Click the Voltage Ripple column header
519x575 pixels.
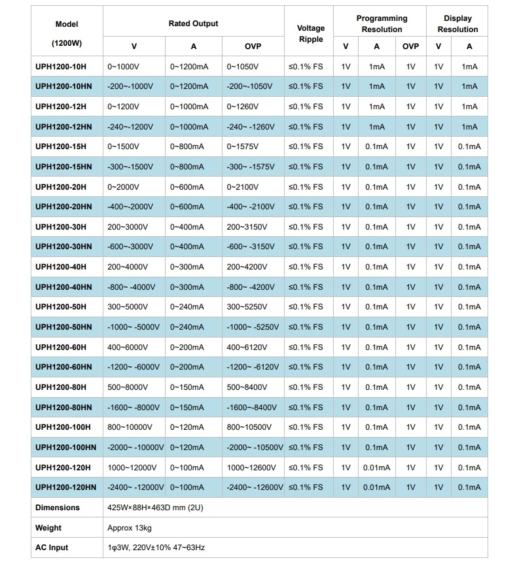(x=310, y=34)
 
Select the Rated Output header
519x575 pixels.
(x=193, y=24)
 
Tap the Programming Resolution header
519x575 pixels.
(x=382, y=24)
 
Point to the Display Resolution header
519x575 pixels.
(x=457, y=24)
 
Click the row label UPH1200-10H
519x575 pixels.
(x=60, y=67)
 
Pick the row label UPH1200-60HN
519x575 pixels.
(x=63, y=367)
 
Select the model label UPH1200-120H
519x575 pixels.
(x=63, y=468)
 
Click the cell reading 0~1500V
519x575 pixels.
(x=123, y=147)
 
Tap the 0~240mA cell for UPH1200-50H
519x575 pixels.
(x=187, y=307)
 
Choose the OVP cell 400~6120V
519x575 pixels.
(x=249, y=347)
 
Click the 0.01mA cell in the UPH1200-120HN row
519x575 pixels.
(x=376, y=487)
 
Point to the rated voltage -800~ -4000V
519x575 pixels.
(x=131, y=287)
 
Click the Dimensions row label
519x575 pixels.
(x=58, y=508)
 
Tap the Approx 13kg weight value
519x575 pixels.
(x=130, y=528)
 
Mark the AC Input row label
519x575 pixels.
(x=52, y=548)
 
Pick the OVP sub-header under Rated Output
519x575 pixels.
(x=253, y=46)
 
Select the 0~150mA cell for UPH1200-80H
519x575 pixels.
(x=187, y=387)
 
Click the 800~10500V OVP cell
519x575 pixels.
(x=251, y=427)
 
